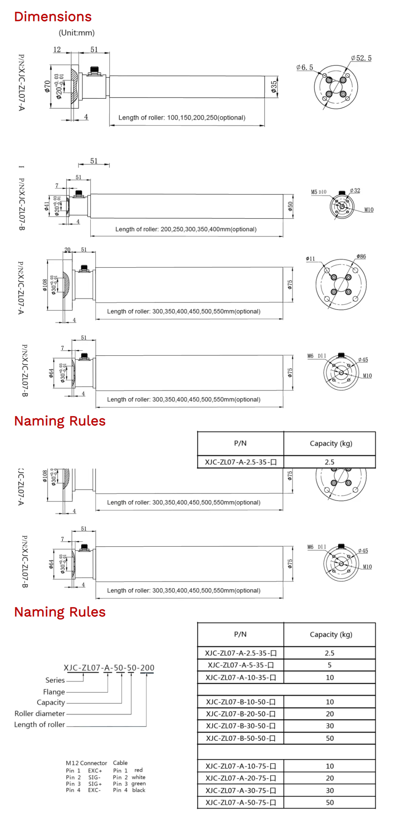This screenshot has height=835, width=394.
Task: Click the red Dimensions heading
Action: tap(53, 17)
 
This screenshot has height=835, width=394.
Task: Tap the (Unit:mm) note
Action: tap(77, 33)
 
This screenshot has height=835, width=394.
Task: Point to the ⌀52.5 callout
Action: tap(361, 58)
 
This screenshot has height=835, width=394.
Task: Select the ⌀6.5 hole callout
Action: tap(304, 67)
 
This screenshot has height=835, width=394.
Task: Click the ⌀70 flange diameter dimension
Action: tap(47, 87)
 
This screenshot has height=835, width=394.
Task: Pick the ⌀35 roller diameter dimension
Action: tap(274, 87)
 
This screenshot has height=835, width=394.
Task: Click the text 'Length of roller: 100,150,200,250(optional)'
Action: tap(182, 118)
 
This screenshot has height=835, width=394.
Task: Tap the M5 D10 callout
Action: tap(319, 192)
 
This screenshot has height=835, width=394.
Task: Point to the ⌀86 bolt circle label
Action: tap(361, 256)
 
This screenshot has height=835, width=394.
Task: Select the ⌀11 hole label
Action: tap(310, 259)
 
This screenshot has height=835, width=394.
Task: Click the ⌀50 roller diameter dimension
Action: tap(290, 206)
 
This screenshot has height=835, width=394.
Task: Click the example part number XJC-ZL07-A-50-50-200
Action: tap(109, 668)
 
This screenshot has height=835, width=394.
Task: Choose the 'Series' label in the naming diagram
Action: tap(55, 680)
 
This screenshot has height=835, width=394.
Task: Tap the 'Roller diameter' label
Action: tap(40, 713)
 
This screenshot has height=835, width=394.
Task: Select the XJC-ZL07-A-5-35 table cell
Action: tap(241, 665)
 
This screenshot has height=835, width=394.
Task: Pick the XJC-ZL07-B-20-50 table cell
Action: tap(241, 714)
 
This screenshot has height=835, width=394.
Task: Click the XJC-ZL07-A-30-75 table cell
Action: tap(241, 790)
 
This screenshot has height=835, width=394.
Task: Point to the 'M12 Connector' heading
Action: tap(86, 763)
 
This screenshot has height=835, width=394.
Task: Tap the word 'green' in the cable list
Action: tap(138, 784)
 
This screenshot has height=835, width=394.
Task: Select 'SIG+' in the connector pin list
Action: tap(95, 784)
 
